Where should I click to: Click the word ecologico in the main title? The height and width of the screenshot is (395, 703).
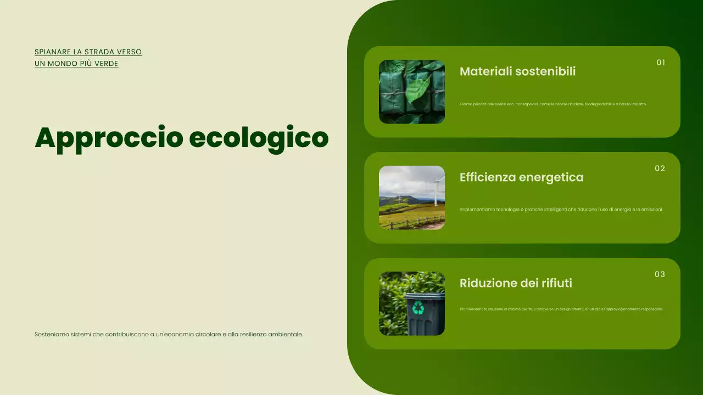[x=258, y=138]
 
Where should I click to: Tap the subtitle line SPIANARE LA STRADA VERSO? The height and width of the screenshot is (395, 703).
[x=88, y=52]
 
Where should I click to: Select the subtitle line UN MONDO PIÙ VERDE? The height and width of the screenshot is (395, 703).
[x=76, y=64]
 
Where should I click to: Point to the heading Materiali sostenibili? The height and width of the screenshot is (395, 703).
[x=517, y=71]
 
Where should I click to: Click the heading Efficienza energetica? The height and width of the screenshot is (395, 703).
[x=521, y=177]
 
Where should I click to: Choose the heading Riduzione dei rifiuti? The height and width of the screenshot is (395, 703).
[x=516, y=283]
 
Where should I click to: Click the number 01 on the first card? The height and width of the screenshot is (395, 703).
[x=661, y=63]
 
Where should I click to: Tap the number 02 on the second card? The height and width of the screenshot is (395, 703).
[x=660, y=168]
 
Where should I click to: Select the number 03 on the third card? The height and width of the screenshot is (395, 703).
[x=660, y=274]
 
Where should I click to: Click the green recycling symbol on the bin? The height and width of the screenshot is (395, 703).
[x=419, y=308]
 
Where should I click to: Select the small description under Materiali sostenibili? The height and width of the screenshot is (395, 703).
[x=553, y=104]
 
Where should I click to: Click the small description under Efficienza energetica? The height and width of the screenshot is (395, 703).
[x=561, y=209]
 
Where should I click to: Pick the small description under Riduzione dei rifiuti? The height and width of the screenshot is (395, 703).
[x=561, y=309]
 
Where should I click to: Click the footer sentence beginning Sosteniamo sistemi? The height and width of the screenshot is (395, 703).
[x=169, y=334]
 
